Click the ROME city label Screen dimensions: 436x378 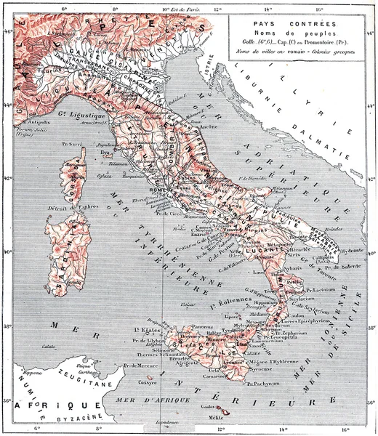155,191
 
